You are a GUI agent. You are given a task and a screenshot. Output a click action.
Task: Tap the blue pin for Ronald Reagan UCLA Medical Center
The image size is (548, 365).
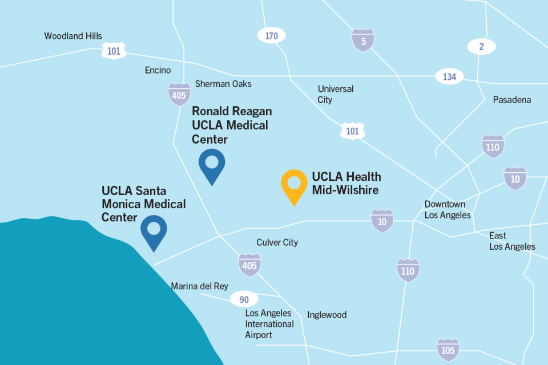(x=212, y=164)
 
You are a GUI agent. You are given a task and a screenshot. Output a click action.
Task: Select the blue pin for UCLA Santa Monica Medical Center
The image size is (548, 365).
(x=154, y=230)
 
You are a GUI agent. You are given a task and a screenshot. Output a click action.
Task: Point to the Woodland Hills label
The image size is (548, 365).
(x=73, y=36)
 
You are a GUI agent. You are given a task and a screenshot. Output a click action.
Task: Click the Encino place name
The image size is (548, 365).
(x=158, y=70)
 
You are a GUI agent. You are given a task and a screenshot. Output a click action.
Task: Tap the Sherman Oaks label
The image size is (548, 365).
(x=223, y=84)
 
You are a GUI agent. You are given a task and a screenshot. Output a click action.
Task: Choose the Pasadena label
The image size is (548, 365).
(x=512, y=100)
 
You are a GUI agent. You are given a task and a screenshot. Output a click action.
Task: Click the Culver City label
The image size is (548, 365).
(x=277, y=242)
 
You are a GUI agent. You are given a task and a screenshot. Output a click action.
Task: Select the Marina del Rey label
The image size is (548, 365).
(x=199, y=286)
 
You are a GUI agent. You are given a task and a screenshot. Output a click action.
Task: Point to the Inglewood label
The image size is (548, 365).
(x=327, y=315)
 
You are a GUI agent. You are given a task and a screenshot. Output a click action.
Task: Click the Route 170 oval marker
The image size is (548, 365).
(x=272, y=36)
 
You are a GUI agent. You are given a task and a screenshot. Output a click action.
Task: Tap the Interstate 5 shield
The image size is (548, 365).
(x=363, y=40)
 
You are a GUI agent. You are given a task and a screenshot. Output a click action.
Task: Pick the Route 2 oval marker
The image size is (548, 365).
(x=481, y=47)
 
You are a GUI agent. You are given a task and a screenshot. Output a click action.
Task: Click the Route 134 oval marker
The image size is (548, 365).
(x=449, y=76)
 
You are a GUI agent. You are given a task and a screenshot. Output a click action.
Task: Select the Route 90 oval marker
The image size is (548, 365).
(x=244, y=299)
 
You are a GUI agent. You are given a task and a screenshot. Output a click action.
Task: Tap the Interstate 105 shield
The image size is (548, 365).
(x=448, y=350)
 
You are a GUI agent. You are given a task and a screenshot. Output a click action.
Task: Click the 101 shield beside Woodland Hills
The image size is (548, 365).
(x=114, y=51)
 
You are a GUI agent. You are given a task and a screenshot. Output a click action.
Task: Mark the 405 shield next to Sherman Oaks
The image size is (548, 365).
(x=179, y=95)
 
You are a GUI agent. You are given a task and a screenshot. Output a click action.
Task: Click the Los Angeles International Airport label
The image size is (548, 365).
(x=269, y=324)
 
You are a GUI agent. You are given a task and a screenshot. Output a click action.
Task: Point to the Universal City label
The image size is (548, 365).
(x=336, y=94)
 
